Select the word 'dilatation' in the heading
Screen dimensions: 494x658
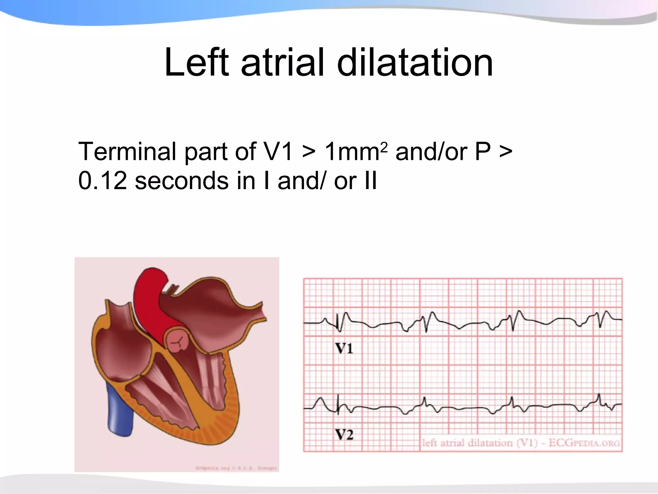point(415,63)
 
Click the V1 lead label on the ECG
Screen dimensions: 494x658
point(344,348)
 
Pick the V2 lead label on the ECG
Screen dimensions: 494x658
point(344,435)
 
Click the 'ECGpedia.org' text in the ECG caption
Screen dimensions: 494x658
point(584,443)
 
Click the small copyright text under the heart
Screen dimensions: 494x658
point(236,468)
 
